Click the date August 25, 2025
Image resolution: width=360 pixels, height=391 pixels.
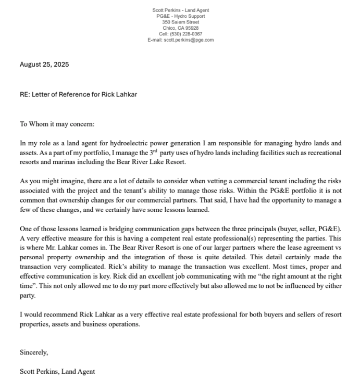pyautogui.click(x=44, y=65)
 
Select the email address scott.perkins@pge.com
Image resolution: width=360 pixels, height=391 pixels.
pyautogui.click(x=188, y=40)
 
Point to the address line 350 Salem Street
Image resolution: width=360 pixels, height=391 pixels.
pyautogui.click(x=180, y=22)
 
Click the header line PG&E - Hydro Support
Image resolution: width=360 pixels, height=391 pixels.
pyautogui.click(x=180, y=16)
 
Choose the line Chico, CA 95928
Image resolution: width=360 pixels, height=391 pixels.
pyautogui.click(x=180, y=28)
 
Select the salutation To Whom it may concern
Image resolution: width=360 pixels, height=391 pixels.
pyautogui.click(x=57, y=124)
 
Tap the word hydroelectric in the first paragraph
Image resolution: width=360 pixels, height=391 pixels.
pyautogui.click(x=144, y=142)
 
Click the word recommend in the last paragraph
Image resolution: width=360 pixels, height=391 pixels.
pyautogui.click(x=58, y=315)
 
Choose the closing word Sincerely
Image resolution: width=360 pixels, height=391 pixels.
pyautogui.click(x=34, y=352)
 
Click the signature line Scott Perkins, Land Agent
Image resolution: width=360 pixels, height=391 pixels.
pyautogui.click(x=57, y=372)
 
